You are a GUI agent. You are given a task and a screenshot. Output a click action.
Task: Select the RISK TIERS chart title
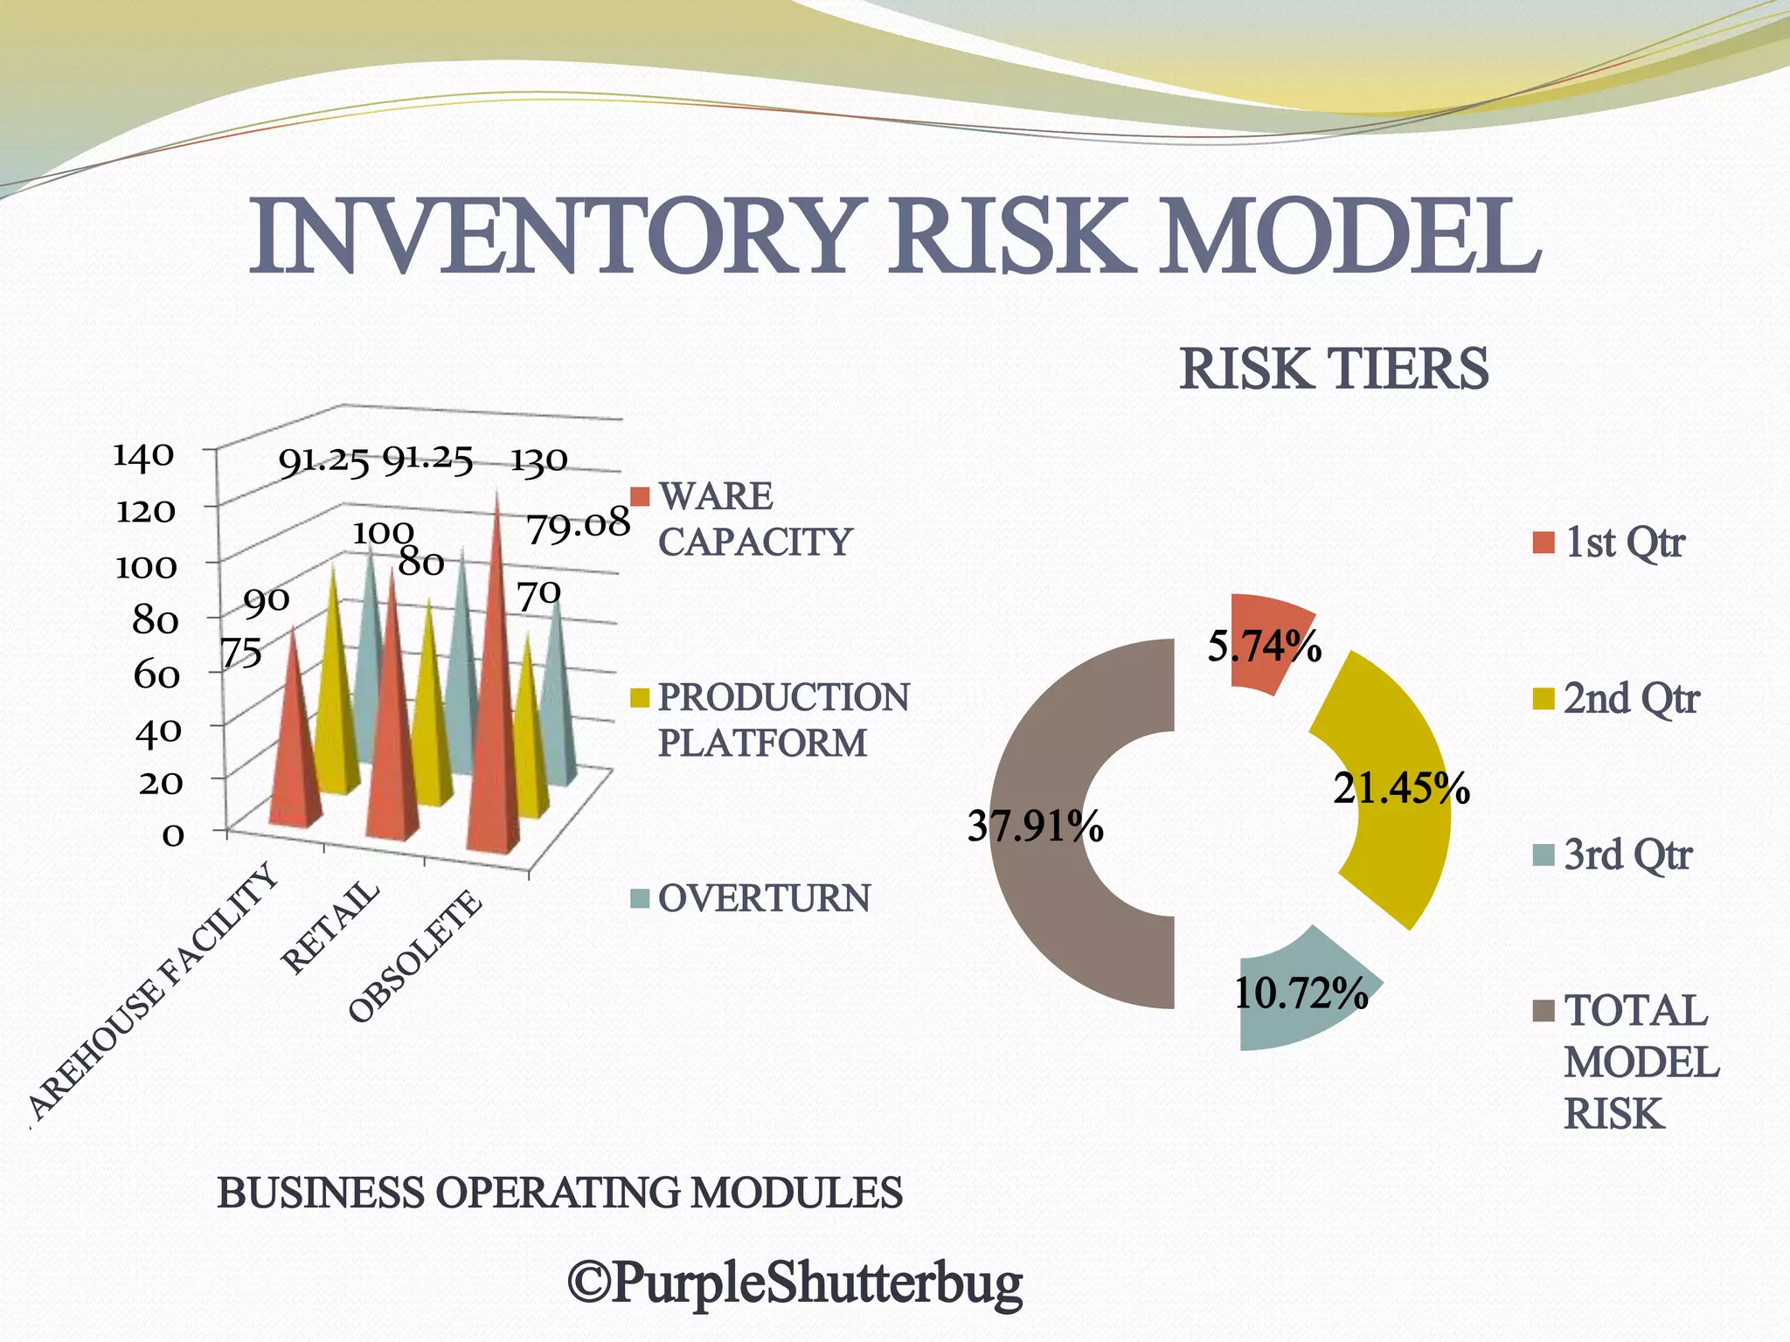click(1334, 370)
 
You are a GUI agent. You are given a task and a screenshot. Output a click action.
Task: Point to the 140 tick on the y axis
click(144, 455)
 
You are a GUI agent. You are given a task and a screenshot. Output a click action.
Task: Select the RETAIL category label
click(330, 927)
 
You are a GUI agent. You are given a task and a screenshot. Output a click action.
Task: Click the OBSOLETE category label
click(415, 957)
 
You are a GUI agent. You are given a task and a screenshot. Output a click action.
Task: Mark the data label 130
click(538, 460)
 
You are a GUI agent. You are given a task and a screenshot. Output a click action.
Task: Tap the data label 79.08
click(577, 525)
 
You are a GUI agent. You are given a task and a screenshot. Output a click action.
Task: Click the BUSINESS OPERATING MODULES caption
click(559, 1193)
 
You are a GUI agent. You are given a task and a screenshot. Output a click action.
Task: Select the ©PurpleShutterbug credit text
click(794, 1283)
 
